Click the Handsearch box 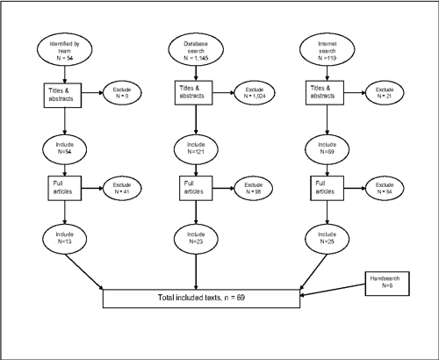[387, 281]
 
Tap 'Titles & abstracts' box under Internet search [318, 93]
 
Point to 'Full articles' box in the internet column [318, 187]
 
